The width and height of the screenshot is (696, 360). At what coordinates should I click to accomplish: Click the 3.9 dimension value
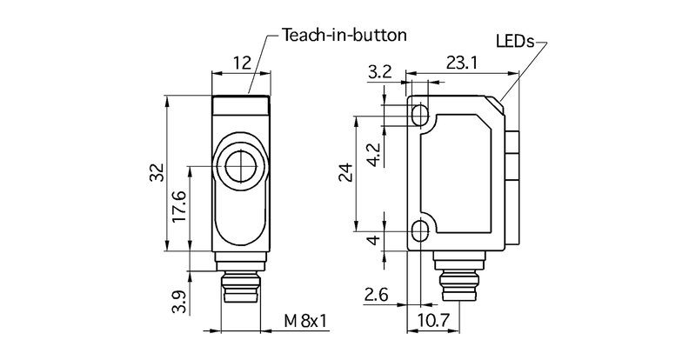pos(180,303)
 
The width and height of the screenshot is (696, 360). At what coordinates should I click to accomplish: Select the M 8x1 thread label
pos(304,322)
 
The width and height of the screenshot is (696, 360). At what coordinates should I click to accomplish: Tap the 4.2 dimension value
pos(372,155)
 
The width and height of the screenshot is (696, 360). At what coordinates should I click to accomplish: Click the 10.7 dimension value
pos(432,322)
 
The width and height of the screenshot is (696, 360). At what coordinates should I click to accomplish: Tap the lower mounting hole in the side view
pos(421,231)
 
